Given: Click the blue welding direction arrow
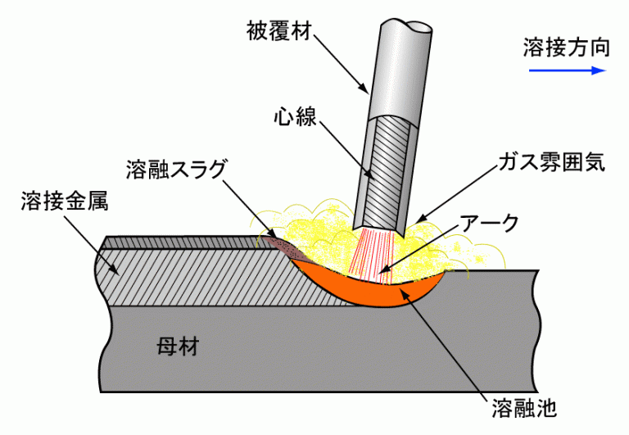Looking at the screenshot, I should pos(566,70).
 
